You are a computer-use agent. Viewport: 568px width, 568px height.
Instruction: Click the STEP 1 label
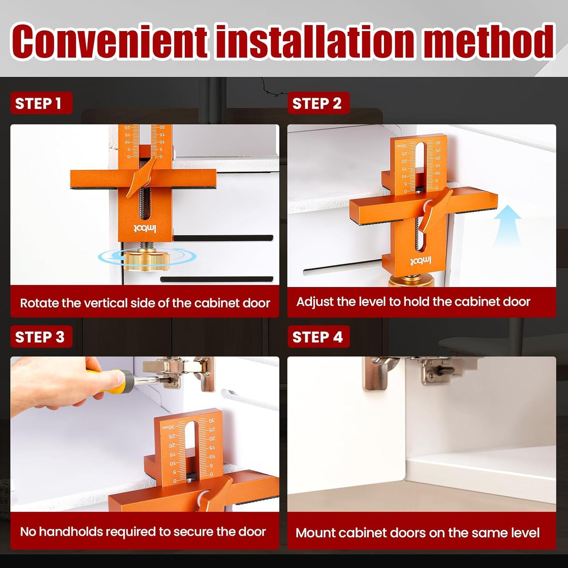39,103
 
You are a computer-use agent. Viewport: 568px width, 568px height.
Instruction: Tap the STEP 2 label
317,103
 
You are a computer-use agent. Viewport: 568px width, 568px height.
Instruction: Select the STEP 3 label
40,337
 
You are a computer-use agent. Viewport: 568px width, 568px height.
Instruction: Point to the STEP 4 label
318,337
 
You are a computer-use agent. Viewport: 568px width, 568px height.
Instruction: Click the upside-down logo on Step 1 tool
145,228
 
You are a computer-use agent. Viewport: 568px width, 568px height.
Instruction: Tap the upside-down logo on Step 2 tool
421,261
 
